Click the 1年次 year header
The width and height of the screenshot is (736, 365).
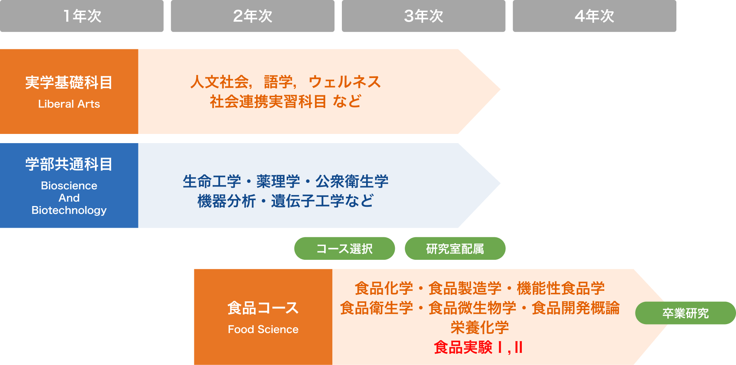point(82,16)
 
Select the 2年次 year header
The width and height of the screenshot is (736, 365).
point(252,16)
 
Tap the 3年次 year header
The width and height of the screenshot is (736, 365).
point(424,16)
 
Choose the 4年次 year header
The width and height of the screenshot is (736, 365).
point(594,16)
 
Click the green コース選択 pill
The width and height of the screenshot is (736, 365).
point(344,248)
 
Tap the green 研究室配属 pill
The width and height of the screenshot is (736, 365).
point(455,248)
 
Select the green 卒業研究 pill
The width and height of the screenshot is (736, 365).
point(686,313)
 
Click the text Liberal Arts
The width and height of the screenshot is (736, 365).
point(69,104)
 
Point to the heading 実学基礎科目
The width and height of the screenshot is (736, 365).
point(69,82)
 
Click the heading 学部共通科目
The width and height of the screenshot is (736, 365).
point(69,164)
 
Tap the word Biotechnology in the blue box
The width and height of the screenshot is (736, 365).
point(69,210)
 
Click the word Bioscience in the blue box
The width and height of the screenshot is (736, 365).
point(69,185)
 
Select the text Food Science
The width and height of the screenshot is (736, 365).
point(263,329)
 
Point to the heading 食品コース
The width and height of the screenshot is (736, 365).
point(263,308)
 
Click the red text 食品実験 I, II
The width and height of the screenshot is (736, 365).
point(478,347)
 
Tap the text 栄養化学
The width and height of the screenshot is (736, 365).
point(480,327)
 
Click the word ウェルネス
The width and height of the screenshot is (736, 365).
point(345,82)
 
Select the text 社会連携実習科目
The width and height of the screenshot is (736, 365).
point(268,101)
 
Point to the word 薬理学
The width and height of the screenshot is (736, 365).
point(278,181)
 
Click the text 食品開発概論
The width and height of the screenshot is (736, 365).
point(576,308)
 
